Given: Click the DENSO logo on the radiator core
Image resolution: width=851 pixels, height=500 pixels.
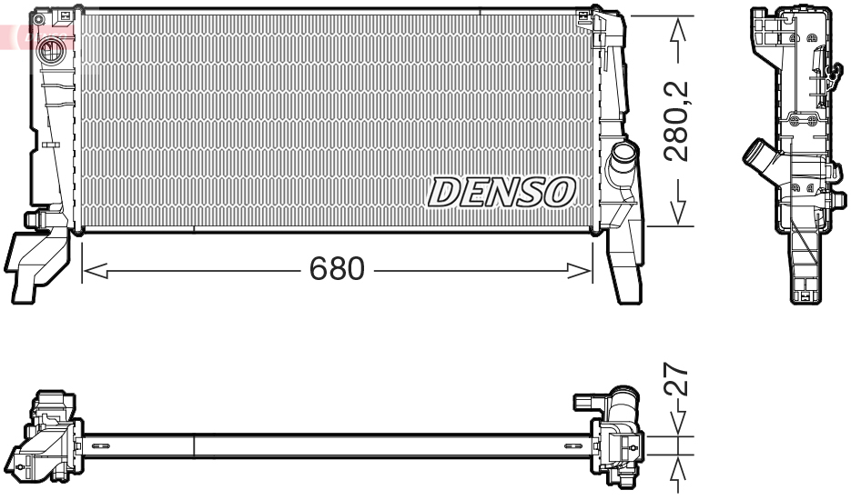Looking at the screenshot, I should click(x=501, y=192).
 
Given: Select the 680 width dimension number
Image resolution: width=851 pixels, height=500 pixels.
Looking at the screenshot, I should click(x=337, y=269).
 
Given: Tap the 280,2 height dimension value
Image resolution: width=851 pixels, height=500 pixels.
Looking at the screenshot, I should click(x=676, y=121).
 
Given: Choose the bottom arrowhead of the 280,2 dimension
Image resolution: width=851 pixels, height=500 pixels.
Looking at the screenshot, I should click(x=676, y=213).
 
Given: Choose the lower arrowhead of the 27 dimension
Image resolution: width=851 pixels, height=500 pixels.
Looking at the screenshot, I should click(x=676, y=467).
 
